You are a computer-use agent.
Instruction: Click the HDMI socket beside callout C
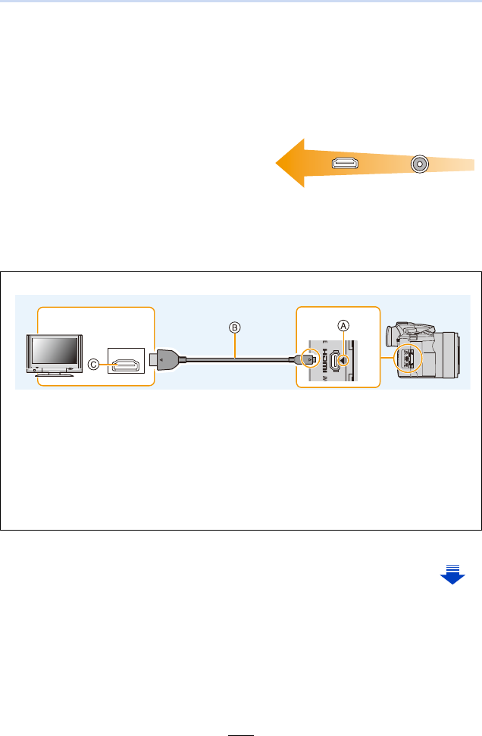click(127, 365)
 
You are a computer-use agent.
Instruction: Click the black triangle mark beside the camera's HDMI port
click(346, 361)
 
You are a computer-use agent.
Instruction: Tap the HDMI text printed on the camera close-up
click(321, 361)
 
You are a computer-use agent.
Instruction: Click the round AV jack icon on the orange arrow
click(418, 164)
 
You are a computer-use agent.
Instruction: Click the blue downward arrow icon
click(452, 574)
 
